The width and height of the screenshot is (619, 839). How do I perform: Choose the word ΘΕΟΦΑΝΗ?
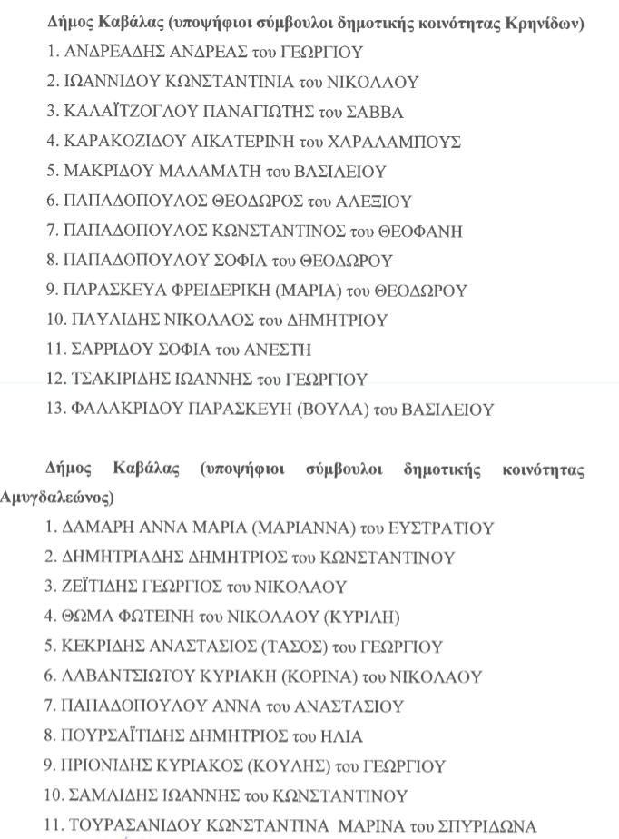(x=428, y=232)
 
